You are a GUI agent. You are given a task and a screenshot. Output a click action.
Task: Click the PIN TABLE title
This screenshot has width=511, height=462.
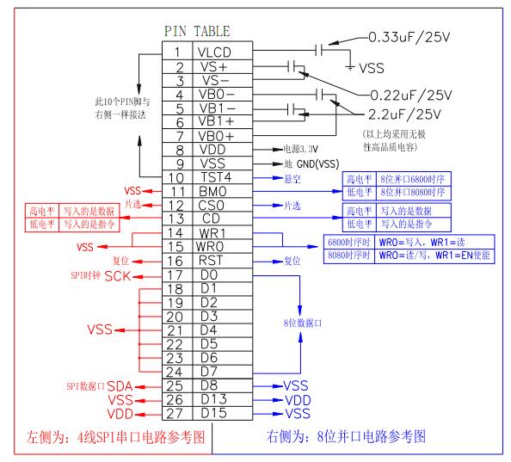(197, 31)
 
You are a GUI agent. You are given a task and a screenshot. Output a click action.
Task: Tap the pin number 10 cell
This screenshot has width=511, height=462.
(176, 178)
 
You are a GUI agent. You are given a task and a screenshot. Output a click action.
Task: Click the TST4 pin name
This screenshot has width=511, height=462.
(216, 177)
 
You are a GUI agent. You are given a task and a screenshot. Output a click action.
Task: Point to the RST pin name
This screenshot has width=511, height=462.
(211, 261)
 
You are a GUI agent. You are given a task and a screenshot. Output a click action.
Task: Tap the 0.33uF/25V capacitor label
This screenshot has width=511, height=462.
(409, 37)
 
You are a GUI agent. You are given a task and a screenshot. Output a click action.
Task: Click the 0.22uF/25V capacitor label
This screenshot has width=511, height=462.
(411, 95)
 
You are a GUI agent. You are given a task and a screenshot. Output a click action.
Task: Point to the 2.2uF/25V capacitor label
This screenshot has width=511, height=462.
(404, 114)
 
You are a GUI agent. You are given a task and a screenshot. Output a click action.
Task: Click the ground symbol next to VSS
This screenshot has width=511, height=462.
(350, 68)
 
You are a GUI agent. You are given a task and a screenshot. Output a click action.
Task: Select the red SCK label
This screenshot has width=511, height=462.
(118, 276)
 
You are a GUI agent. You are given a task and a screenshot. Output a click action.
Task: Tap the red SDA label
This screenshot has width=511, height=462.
(120, 386)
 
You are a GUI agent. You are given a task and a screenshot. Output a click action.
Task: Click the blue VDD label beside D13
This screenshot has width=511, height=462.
(298, 400)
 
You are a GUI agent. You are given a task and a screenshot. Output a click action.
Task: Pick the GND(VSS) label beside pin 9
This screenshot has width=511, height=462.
(318, 163)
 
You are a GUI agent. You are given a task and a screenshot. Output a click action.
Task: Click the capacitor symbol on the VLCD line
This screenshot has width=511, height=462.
(319, 50)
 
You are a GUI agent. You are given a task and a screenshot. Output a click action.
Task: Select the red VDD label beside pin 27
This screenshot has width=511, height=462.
(120, 414)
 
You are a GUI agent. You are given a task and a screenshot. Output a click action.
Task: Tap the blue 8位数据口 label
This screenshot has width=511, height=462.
(303, 323)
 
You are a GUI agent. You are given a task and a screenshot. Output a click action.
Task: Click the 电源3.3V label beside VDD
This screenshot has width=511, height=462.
(300, 149)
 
